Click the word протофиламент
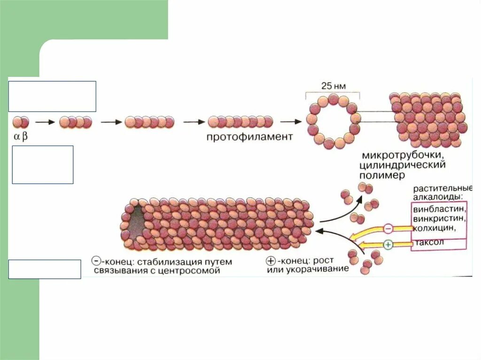pyautogui.click(x=249, y=137)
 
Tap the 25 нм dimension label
pyautogui.click(x=333, y=86)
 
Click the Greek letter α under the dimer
pyautogui.click(x=16, y=137)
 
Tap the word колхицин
pyautogui.click(x=434, y=228)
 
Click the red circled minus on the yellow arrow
pyautogui.click(x=388, y=229)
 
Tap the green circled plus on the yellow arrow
pyautogui.click(x=388, y=244)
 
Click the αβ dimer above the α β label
pyautogui.click(x=20, y=123)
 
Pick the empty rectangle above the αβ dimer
pyautogui.click(x=52, y=96)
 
